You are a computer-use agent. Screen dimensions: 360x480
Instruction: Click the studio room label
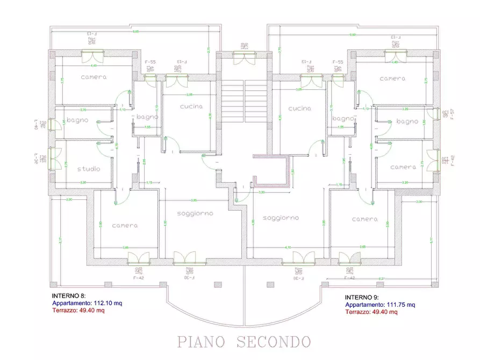tap(89, 169)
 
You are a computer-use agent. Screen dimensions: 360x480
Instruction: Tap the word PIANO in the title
tap(205, 341)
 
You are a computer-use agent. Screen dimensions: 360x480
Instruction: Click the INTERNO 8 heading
tap(68, 296)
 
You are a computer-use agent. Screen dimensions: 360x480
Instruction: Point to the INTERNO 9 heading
tap(362, 297)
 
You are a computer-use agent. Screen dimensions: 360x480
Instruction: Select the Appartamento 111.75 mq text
tap(380, 305)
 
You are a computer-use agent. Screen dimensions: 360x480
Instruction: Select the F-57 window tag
tap(453, 113)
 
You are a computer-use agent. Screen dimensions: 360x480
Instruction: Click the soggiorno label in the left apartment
tap(195, 213)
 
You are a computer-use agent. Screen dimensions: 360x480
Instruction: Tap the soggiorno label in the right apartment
tap(281, 218)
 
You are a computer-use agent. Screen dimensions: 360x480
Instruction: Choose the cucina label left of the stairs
tap(191, 106)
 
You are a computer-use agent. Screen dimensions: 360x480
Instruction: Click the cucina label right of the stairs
tap(299, 108)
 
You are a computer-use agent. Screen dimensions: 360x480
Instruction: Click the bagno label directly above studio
tap(77, 120)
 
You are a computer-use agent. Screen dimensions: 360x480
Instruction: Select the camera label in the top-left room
tap(94, 77)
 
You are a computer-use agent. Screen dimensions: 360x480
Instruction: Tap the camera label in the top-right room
tap(392, 78)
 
